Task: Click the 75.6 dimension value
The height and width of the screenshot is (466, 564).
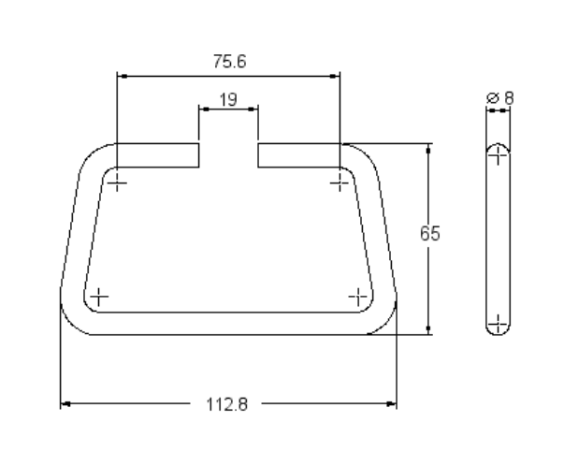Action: click(227, 62)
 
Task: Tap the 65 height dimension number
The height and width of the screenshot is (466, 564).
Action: click(429, 234)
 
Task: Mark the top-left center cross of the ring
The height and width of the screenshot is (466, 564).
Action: click(117, 182)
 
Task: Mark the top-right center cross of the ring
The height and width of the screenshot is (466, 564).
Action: click(340, 182)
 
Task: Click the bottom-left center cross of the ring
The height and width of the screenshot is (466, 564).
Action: click(97, 297)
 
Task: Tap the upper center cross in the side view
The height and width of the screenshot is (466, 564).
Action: click(499, 156)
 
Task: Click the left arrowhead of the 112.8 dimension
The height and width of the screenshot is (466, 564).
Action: click(65, 405)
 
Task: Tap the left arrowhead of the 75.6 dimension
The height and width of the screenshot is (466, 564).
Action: click(122, 75)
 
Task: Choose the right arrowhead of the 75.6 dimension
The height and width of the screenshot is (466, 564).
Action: click(335, 75)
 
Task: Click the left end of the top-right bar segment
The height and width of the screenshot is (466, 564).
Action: click(260, 155)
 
